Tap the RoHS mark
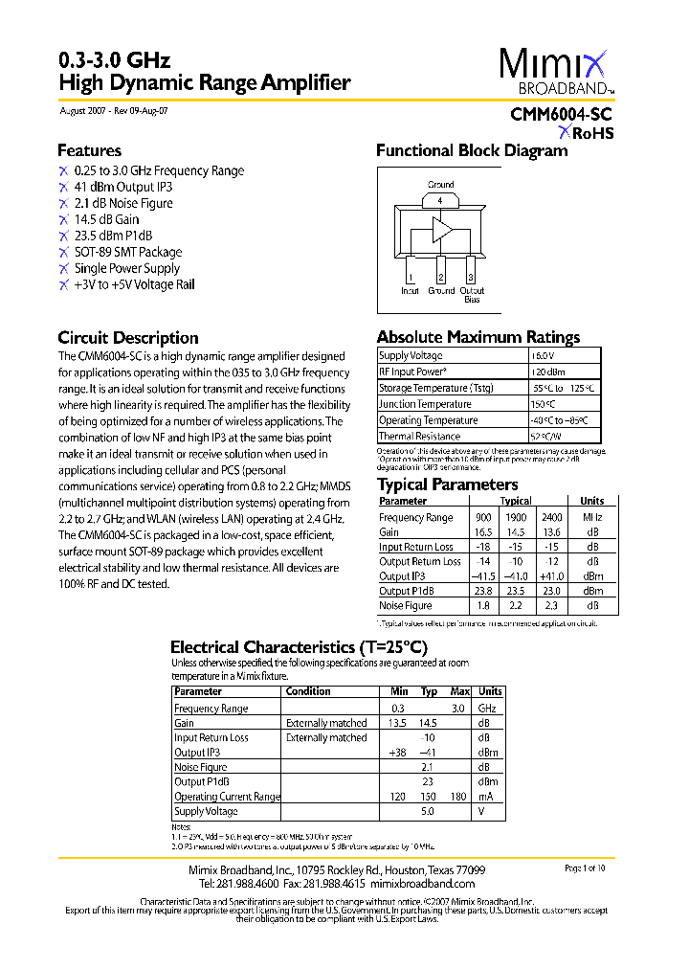click(x=587, y=133)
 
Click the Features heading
click(x=89, y=150)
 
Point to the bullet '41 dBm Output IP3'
click(x=122, y=188)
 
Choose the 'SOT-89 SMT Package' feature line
click(x=127, y=253)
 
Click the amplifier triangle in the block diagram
click(x=442, y=230)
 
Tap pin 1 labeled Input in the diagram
click(x=411, y=278)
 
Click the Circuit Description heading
click(x=128, y=338)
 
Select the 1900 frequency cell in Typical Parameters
click(x=516, y=518)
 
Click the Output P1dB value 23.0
click(x=552, y=592)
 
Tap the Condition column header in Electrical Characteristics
click(x=308, y=691)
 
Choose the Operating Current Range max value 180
click(x=459, y=797)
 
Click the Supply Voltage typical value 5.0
click(x=428, y=811)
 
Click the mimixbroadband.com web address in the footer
click(x=422, y=883)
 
